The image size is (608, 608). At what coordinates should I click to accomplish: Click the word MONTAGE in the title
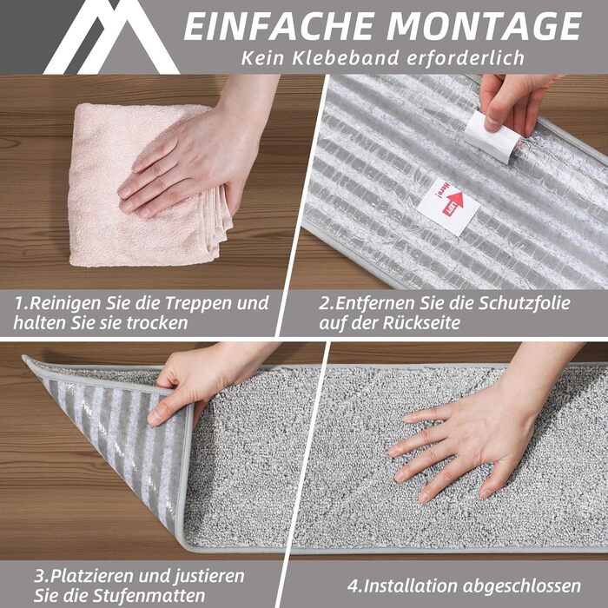[x=485, y=26]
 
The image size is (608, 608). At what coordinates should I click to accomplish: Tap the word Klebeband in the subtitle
[x=346, y=58]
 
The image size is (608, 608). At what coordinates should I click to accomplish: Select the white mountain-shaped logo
[x=111, y=36]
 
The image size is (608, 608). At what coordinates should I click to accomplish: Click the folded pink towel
[x=148, y=185]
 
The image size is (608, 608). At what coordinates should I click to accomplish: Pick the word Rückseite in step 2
[x=421, y=322]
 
